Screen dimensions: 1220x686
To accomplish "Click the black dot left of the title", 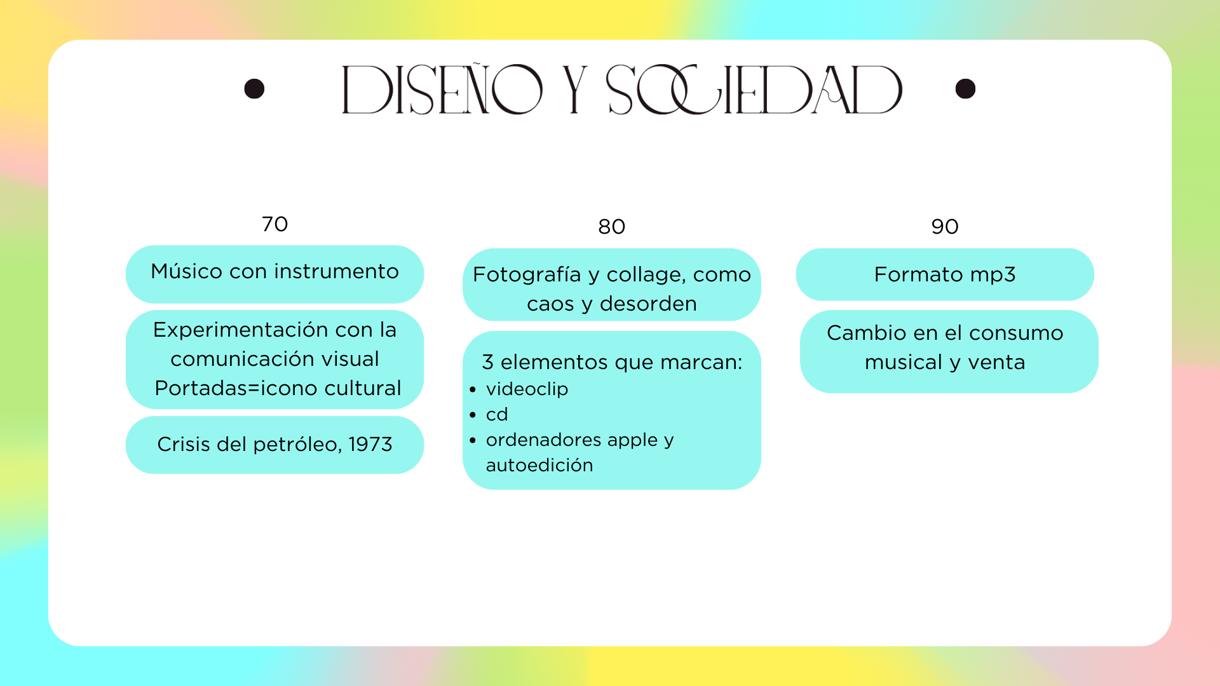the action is pos(254,89).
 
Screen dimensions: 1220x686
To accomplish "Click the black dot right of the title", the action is pos(965,89).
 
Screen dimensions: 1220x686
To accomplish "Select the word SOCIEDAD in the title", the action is pos(754,89).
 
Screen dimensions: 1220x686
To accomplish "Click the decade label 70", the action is pos(275,224).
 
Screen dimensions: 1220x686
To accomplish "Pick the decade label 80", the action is pos(612,226).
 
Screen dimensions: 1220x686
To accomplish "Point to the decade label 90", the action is pos(945,226).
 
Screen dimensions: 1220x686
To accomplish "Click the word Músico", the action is pos(187,271).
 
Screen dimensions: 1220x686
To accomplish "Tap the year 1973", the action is pos(370,444).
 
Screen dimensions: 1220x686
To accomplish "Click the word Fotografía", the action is pos(527,275).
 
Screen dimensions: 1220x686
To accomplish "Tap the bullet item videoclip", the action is pos(527,389).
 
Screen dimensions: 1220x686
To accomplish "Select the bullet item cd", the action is pos(497,414).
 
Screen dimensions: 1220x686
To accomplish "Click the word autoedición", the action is pos(539,465).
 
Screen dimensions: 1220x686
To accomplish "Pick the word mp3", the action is pos(993,275).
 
